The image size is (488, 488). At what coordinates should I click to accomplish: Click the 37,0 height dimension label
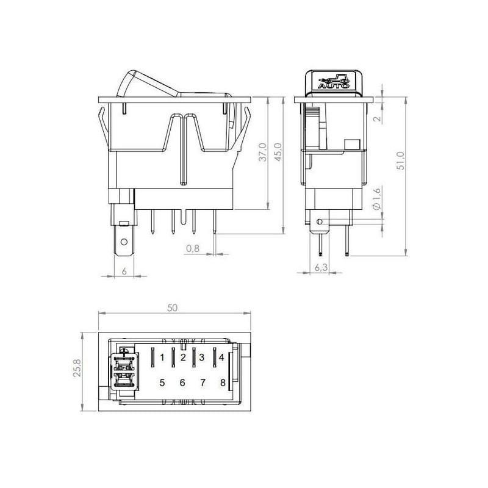[263, 152]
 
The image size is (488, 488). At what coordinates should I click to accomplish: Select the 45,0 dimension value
[278, 152]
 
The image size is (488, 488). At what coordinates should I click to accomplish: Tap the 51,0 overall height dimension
[401, 160]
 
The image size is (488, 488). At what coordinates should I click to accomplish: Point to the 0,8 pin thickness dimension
[193, 248]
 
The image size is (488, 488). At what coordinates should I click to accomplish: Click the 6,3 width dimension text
[321, 267]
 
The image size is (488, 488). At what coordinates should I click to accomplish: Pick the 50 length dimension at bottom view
[172, 308]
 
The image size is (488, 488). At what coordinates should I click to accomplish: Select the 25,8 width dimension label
[77, 368]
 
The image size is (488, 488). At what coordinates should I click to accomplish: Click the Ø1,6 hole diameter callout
[376, 199]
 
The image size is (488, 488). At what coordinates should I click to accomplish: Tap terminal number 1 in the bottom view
[162, 357]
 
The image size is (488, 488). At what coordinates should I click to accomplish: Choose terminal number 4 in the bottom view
[221, 357]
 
